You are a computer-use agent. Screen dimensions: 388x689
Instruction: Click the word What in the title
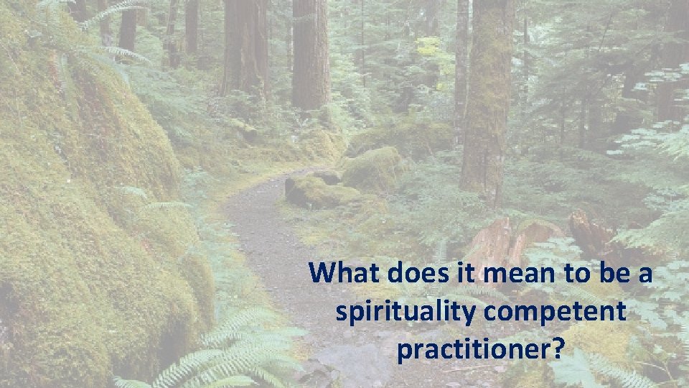tap(346, 274)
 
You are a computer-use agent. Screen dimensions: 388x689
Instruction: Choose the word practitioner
tap(474, 350)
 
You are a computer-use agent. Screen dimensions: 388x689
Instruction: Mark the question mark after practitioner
tap(558, 350)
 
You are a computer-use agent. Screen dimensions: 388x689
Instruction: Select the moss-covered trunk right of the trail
tap(487, 101)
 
